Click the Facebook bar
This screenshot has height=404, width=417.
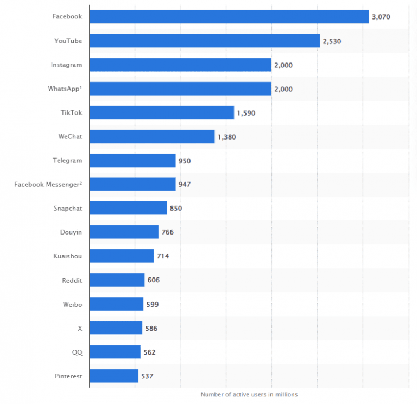tap(229, 17)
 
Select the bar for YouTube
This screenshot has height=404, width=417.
tap(204, 41)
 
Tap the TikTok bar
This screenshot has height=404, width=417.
tap(161, 113)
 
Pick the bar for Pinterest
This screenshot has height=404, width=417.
tap(113, 376)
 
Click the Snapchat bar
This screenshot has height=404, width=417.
tap(128, 208)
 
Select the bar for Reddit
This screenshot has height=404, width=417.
tap(117, 280)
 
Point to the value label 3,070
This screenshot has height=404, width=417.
tap(381, 17)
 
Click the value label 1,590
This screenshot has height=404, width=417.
tap(245, 113)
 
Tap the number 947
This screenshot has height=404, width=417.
tap(184, 185)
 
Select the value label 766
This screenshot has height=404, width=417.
tap(167, 232)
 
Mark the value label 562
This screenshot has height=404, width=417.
tap(149, 352)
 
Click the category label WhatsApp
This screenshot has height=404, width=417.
tap(66, 89)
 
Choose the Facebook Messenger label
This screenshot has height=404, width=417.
tap(48, 185)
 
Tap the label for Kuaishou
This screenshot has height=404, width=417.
tap(68, 256)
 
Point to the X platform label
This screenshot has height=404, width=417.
tap(80, 328)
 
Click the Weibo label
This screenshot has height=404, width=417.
tap(72, 304)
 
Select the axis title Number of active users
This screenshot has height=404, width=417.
tap(249, 394)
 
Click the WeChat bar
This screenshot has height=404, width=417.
tap(151, 137)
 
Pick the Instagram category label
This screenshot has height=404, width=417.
tap(66, 65)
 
